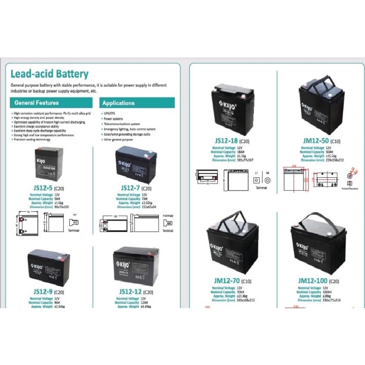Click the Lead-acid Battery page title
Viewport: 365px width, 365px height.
[50, 74]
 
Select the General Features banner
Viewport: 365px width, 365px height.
[36, 103]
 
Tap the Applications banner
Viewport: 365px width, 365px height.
[118, 103]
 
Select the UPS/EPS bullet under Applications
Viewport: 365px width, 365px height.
[111, 113]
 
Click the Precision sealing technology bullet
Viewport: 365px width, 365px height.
[32, 139]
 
